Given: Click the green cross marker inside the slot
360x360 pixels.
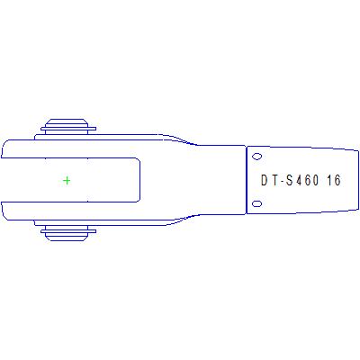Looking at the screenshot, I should pos(67,180).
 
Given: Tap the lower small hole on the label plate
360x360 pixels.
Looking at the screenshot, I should pos(256,204).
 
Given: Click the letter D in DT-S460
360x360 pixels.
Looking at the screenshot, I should pos(265,181).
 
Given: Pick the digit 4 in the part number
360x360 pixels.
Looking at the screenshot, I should pos(301,181).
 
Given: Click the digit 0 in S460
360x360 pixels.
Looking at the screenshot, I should pos(319,181).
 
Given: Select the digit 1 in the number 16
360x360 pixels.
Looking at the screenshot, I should pos(329,181).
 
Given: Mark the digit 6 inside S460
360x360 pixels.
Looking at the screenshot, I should pos(310,181).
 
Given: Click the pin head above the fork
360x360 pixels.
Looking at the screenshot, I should pos(67,125).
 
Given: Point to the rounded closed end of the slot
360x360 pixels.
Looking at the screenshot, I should pos(138,180).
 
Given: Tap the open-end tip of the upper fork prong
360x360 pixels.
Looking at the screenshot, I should pos(4,148).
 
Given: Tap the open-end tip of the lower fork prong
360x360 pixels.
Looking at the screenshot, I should pos(4,211).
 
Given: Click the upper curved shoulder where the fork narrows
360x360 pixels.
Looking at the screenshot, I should pos(184,139).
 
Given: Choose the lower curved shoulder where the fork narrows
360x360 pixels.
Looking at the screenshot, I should pos(184,220).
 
